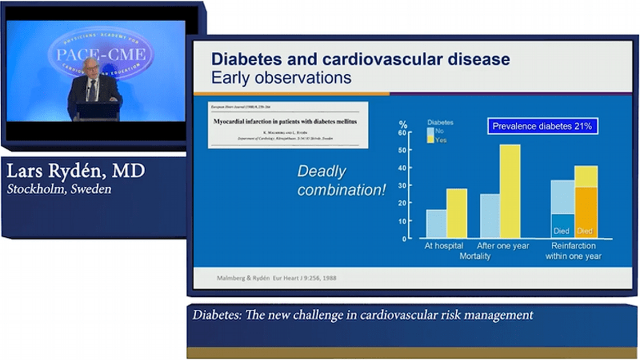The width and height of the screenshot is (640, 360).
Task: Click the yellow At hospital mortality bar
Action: pyautogui.click(x=457, y=213)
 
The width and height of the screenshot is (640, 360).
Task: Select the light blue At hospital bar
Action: pyautogui.click(x=436, y=223)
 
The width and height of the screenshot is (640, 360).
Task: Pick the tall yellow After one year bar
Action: pyautogui.click(x=510, y=191)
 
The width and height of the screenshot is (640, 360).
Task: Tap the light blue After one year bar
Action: pyautogui.click(x=490, y=215)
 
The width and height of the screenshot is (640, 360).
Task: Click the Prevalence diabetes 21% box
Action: pyautogui.click(x=542, y=126)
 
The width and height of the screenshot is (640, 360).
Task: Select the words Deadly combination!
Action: pyautogui.click(x=341, y=181)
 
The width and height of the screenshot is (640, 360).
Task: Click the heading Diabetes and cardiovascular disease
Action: pyautogui.click(x=360, y=59)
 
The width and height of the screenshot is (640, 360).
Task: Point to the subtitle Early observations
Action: pyautogui.click(x=281, y=77)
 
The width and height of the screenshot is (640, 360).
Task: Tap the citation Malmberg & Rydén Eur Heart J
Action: pyautogui.click(x=277, y=278)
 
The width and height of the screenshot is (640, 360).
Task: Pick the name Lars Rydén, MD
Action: pyautogui.click(x=75, y=171)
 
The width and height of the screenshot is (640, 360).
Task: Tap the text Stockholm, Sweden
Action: pyautogui.click(x=58, y=189)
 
